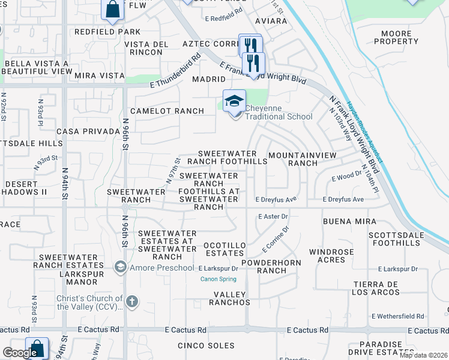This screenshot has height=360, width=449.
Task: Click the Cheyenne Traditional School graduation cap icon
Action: pos(234,100)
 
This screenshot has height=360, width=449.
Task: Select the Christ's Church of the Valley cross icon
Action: pos(133,301)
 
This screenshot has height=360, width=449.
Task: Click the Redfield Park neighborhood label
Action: pos(107,32)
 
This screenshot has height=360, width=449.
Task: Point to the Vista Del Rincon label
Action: pos(143,48)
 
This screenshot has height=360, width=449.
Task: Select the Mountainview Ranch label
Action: pos(294,158)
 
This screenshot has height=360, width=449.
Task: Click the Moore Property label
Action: pos(396,37)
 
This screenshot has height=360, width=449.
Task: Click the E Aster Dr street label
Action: pos(273,217)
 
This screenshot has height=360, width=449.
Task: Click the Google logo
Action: pos(20,353)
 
